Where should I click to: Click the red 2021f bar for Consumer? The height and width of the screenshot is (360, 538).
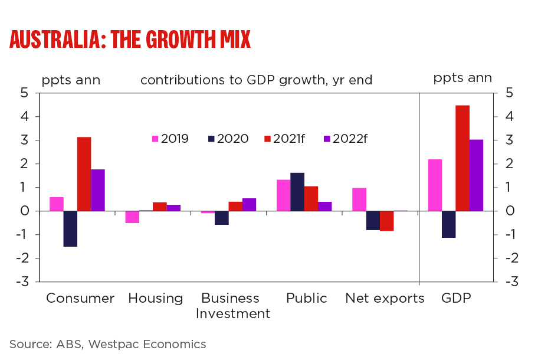(x=84, y=174)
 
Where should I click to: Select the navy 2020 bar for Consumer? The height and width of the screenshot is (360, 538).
(x=70, y=228)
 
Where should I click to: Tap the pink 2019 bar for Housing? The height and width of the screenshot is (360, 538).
(x=132, y=217)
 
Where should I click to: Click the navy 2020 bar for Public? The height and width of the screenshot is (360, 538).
(x=297, y=192)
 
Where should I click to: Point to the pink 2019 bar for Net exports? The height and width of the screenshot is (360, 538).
(x=359, y=199)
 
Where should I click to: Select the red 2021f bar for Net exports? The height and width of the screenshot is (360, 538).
(x=387, y=221)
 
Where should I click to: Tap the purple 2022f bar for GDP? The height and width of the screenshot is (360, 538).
(x=476, y=175)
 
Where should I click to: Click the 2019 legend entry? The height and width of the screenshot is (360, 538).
(x=170, y=139)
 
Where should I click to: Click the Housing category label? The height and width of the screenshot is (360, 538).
(x=156, y=299)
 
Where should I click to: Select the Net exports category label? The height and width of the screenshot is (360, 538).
(x=385, y=299)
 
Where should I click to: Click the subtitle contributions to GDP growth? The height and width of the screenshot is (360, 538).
(x=256, y=80)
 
